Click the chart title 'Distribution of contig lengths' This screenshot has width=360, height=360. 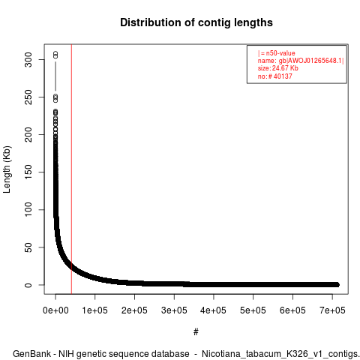[x=196, y=22]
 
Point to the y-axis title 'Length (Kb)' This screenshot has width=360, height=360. [x=7, y=169]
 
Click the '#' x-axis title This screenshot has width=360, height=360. [x=196, y=332]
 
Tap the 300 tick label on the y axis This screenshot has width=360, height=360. [x=28, y=59]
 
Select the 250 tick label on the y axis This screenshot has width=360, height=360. [x=28, y=97]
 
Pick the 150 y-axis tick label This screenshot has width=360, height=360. [x=28, y=172]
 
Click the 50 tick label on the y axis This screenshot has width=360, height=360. [x=28, y=247]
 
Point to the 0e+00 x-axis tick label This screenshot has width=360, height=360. [x=55, y=310]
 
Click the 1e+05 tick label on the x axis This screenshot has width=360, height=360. [x=95, y=310]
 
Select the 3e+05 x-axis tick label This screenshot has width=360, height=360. [x=174, y=310]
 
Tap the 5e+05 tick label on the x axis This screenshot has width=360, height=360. [x=253, y=310]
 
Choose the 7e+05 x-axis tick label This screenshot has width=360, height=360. [x=332, y=310]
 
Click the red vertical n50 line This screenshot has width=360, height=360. [x=71, y=169]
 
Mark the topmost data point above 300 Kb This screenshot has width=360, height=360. [x=55, y=53]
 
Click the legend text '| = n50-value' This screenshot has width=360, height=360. [x=277, y=53]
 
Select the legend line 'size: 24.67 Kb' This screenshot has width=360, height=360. [x=278, y=68]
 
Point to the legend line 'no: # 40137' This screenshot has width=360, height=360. [x=275, y=76]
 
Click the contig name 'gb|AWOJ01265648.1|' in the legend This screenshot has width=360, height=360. [x=311, y=61]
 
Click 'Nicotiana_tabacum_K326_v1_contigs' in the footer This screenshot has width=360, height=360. [x=280, y=354]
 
